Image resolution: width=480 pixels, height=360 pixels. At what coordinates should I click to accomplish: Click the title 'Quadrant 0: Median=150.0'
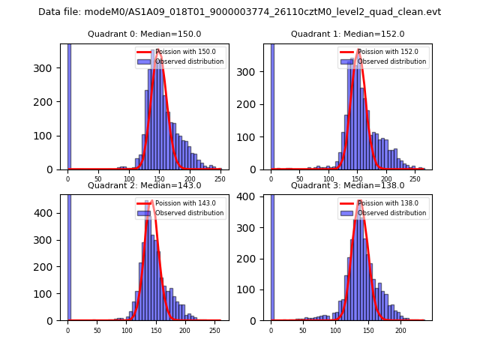[x=145, y=34]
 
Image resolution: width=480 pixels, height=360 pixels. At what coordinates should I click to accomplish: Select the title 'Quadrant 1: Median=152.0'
[x=347, y=34]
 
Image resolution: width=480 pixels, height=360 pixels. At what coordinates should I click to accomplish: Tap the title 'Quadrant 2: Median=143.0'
[x=145, y=185]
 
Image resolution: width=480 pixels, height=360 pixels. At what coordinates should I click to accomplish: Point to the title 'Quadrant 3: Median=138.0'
[x=347, y=185]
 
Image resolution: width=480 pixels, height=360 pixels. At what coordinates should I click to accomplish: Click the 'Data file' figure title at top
[x=239, y=12]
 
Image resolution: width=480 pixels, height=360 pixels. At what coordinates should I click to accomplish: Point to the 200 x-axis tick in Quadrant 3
[x=401, y=331]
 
